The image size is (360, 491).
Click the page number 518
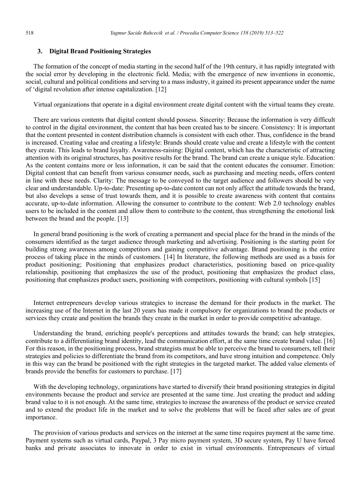(30, 33)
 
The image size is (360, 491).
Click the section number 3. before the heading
(40, 51)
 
